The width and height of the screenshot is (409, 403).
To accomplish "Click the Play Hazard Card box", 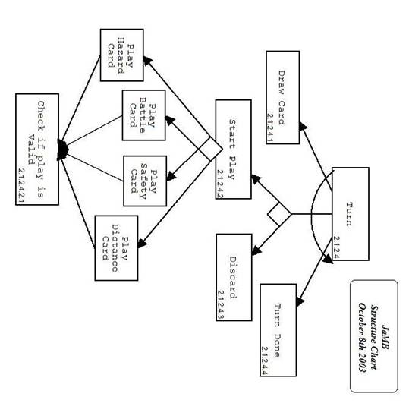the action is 122,55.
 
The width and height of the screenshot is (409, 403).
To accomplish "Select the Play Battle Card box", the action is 143,115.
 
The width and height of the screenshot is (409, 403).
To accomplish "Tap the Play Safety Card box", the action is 145,181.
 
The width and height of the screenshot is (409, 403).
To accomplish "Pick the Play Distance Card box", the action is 116,248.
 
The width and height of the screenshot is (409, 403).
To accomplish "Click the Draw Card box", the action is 283,97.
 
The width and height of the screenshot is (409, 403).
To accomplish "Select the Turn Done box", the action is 278,330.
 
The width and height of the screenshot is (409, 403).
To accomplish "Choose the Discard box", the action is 234,277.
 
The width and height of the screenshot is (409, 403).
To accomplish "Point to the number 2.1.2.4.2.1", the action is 21,185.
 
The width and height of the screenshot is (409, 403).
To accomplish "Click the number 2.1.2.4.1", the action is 269,128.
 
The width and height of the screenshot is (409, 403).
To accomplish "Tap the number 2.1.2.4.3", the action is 220,305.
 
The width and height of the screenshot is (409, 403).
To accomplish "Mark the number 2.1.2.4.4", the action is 264,360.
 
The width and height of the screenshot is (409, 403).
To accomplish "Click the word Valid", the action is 31,150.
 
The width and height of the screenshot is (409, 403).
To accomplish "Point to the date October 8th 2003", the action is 363,337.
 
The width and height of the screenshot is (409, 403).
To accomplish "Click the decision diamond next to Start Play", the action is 210,150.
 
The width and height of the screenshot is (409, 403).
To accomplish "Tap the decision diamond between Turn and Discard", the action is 279,214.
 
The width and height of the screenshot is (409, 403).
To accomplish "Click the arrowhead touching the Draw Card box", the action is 303,126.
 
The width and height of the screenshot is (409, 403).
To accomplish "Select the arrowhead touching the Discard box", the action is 256,250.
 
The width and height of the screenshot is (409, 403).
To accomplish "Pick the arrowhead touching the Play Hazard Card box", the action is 147,60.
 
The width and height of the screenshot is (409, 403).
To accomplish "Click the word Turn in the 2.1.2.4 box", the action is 349,213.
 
